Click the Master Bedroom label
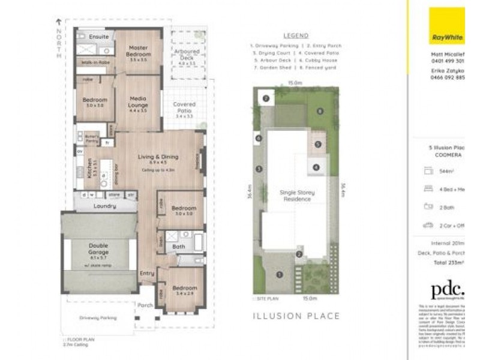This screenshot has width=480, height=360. click(139, 52)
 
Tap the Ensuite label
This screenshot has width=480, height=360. click(98, 37)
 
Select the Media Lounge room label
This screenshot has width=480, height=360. click(138, 103)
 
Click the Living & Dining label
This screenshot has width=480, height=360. click(158, 157)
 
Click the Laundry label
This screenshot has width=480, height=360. click(104, 206)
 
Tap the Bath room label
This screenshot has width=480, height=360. click(178, 247)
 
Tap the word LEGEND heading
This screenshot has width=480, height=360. click(295, 36)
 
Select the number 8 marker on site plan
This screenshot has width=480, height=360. click(320, 111)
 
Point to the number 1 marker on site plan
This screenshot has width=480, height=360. click(278, 275)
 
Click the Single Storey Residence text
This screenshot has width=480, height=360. click(296, 196)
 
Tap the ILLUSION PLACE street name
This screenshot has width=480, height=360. click(296, 316)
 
